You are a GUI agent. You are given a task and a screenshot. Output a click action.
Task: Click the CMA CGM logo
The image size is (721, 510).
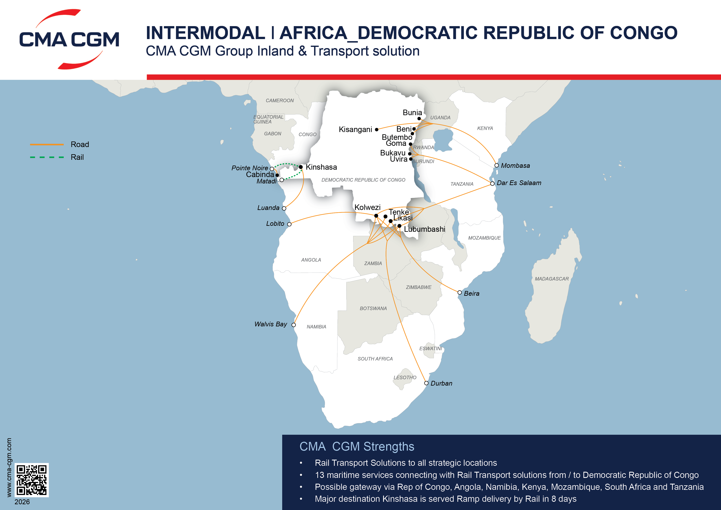click(69, 39)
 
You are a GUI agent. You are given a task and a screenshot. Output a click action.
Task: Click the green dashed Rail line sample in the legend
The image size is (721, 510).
click(47, 157)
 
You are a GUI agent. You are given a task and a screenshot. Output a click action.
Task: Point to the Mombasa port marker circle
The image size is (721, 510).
click(497, 165)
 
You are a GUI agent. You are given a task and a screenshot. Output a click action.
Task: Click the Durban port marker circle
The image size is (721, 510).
click(426, 383)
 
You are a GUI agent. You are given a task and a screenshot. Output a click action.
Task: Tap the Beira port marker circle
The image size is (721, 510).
click(459, 293)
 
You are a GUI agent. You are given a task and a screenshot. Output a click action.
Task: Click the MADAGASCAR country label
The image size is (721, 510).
click(551, 279)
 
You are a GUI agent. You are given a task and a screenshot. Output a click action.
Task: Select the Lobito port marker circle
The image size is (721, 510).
click(289, 224)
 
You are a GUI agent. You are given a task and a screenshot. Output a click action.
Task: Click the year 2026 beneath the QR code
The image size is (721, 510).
click(22, 502)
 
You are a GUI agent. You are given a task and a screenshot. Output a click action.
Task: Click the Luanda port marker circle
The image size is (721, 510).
click(284, 208)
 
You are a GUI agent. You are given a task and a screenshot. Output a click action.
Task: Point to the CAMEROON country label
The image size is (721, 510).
click(280, 101)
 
